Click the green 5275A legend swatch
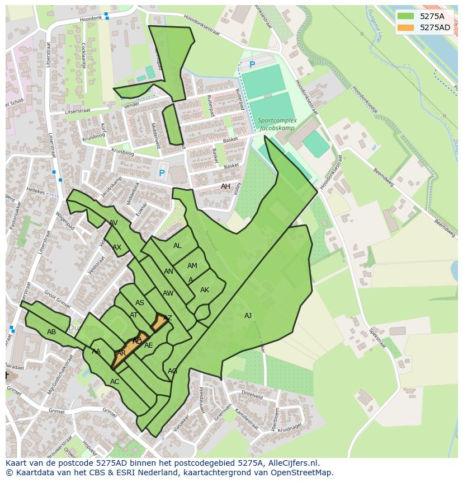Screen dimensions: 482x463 coord(406,16)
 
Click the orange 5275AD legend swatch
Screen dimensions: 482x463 coord(406,27)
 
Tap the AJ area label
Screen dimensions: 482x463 coord(248,316)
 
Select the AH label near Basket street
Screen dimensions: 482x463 coord(225,186)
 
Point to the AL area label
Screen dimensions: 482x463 coord(177,246)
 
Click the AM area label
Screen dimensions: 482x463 coord(192,266)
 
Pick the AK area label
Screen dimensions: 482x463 coord(205,290)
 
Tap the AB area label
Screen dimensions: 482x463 coord(51,332)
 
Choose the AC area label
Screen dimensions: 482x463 coord(115,382)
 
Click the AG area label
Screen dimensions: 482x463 coord(173,371)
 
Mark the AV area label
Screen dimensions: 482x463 coord(114,223)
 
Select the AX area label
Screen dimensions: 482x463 coord(117,247)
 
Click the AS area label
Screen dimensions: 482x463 coord(140,303)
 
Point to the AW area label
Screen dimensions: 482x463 coord(168,293)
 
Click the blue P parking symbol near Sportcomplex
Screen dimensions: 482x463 coord(252,65)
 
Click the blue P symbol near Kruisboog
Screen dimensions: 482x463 coord(162,174)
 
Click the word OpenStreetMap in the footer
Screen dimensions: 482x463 coord(301,472)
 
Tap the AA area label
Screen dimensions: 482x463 coord(96,352)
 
